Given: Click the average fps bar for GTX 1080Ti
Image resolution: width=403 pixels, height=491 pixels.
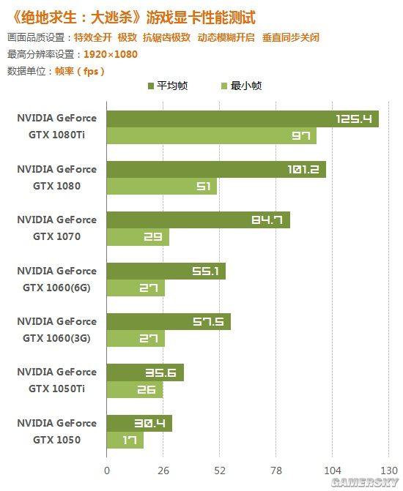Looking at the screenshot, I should click(242, 119).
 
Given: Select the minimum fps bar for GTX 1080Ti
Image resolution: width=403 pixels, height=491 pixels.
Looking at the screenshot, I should click(211, 135).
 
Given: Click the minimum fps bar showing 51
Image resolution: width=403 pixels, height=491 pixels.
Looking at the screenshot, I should click(161, 187).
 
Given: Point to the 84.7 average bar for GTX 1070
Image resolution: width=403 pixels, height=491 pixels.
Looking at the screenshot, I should click(198, 220).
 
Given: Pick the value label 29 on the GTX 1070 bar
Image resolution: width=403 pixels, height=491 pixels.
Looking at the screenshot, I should click(152, 237).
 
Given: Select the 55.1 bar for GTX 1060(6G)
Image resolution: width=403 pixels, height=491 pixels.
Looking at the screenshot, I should click(166, 271).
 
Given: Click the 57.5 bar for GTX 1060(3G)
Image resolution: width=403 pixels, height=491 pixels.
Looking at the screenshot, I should click(169, 322).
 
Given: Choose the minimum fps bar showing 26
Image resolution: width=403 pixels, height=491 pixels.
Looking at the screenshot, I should click(134, 389).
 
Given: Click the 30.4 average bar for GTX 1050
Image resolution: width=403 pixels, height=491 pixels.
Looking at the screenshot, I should click(138, 423).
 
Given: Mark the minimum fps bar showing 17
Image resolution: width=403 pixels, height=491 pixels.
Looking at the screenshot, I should click(125, 440).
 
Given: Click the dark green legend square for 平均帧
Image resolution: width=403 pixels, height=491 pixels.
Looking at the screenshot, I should click(151, 86).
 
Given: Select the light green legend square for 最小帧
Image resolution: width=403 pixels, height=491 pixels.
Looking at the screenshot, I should click(224, 86).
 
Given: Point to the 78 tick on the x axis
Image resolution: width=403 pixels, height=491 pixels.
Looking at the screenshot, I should click(276, 471).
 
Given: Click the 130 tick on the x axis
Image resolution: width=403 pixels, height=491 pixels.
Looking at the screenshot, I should click(388, 471).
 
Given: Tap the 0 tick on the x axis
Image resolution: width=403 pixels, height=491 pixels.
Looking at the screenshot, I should click(107, 471).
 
